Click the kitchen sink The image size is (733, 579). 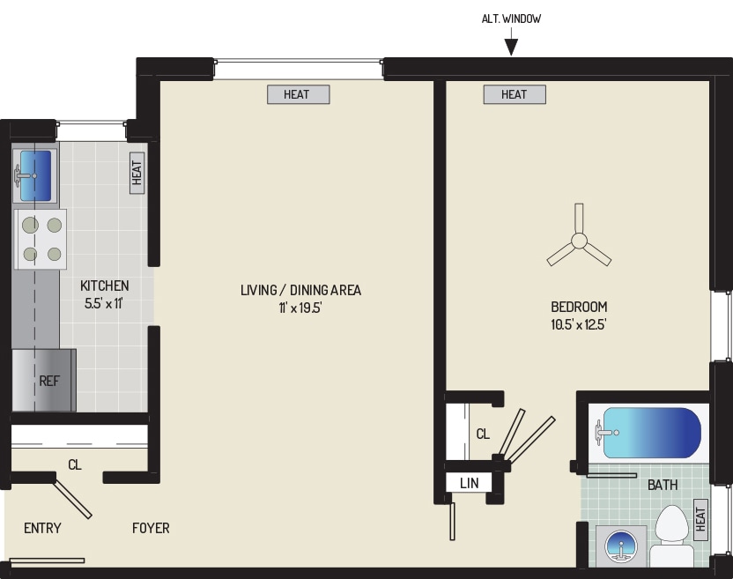(x=34, y=175)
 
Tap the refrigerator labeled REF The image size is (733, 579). (x=44, y=380)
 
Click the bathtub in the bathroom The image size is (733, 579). (x=651, y=433)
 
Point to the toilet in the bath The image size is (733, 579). (x=671, y=537)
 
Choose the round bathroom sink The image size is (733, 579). (x=621, y=546)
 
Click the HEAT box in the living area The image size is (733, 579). (x=299, y=94)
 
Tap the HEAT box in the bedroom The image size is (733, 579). (x=515, y=94)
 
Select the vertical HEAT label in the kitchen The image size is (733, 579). (x=137, y=173)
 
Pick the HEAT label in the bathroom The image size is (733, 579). (x=700, y=519)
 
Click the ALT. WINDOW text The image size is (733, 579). (x=511, y=19)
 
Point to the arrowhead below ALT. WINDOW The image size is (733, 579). (x=511, y=48)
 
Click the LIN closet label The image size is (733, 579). (x=470, y=483)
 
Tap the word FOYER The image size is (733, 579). (x=151, y=528)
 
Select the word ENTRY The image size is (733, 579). (x=42, y=528)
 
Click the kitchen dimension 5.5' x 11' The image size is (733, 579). (x=104, y=303)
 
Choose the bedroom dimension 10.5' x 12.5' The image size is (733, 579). (x=579, y=324)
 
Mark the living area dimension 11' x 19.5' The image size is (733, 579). (x=300, y=308)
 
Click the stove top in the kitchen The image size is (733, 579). (x=41, y=239)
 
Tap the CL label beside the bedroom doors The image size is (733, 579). (x=483, y=434)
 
